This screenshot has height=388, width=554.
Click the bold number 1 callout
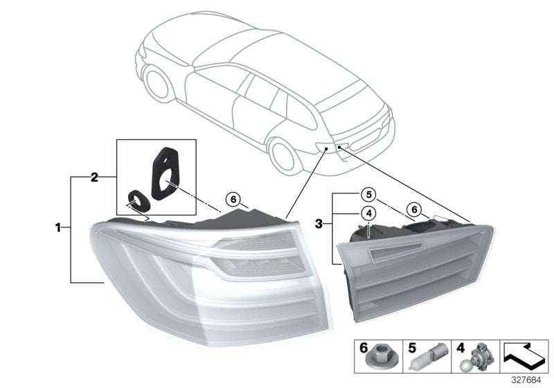click(x=60, y=227)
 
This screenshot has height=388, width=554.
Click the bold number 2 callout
click(x=94, y=177)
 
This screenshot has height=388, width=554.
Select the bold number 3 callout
click(x=319, y=224)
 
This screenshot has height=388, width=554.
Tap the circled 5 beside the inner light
click(x=370, y=195)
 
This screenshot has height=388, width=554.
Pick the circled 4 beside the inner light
click(x=370, y=213)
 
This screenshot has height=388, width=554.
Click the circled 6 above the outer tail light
click(x=233, y=199)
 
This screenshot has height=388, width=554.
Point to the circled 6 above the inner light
click(x=414, y=209)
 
